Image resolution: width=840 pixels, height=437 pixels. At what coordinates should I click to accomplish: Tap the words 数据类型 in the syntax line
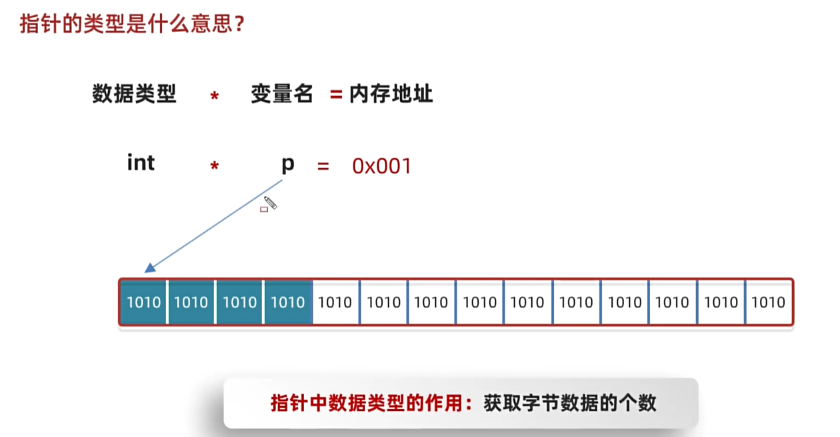coord(134,94)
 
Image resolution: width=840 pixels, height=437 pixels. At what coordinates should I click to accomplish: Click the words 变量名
coord(281,94)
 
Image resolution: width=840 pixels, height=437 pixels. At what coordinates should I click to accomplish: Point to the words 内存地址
coord(391,94)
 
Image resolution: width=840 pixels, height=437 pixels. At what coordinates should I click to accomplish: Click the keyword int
coord(141,163)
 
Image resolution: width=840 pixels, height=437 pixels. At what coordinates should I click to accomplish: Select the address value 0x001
coord(381,166)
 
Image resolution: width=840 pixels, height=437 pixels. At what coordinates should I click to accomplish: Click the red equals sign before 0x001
coord(323,166)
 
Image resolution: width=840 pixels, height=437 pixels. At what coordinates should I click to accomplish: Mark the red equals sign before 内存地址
coord(335,95)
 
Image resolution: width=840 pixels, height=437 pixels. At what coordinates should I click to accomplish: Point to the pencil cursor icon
coord(270,202)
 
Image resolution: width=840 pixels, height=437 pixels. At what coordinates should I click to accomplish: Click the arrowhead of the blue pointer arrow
coord(149,268)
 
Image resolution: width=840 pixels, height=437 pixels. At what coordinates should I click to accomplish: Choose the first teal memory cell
coord(143,302)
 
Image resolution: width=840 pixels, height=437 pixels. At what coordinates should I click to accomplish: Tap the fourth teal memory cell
coord(288,302)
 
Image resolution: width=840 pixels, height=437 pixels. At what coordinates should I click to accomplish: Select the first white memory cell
coord(335,302)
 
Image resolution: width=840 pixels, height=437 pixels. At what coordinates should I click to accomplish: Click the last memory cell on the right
coord(769,302)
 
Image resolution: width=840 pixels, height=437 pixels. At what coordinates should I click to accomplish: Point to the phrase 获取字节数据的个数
coord(570,403)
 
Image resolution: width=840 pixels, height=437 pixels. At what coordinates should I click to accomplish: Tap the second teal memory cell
coord(191,302)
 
